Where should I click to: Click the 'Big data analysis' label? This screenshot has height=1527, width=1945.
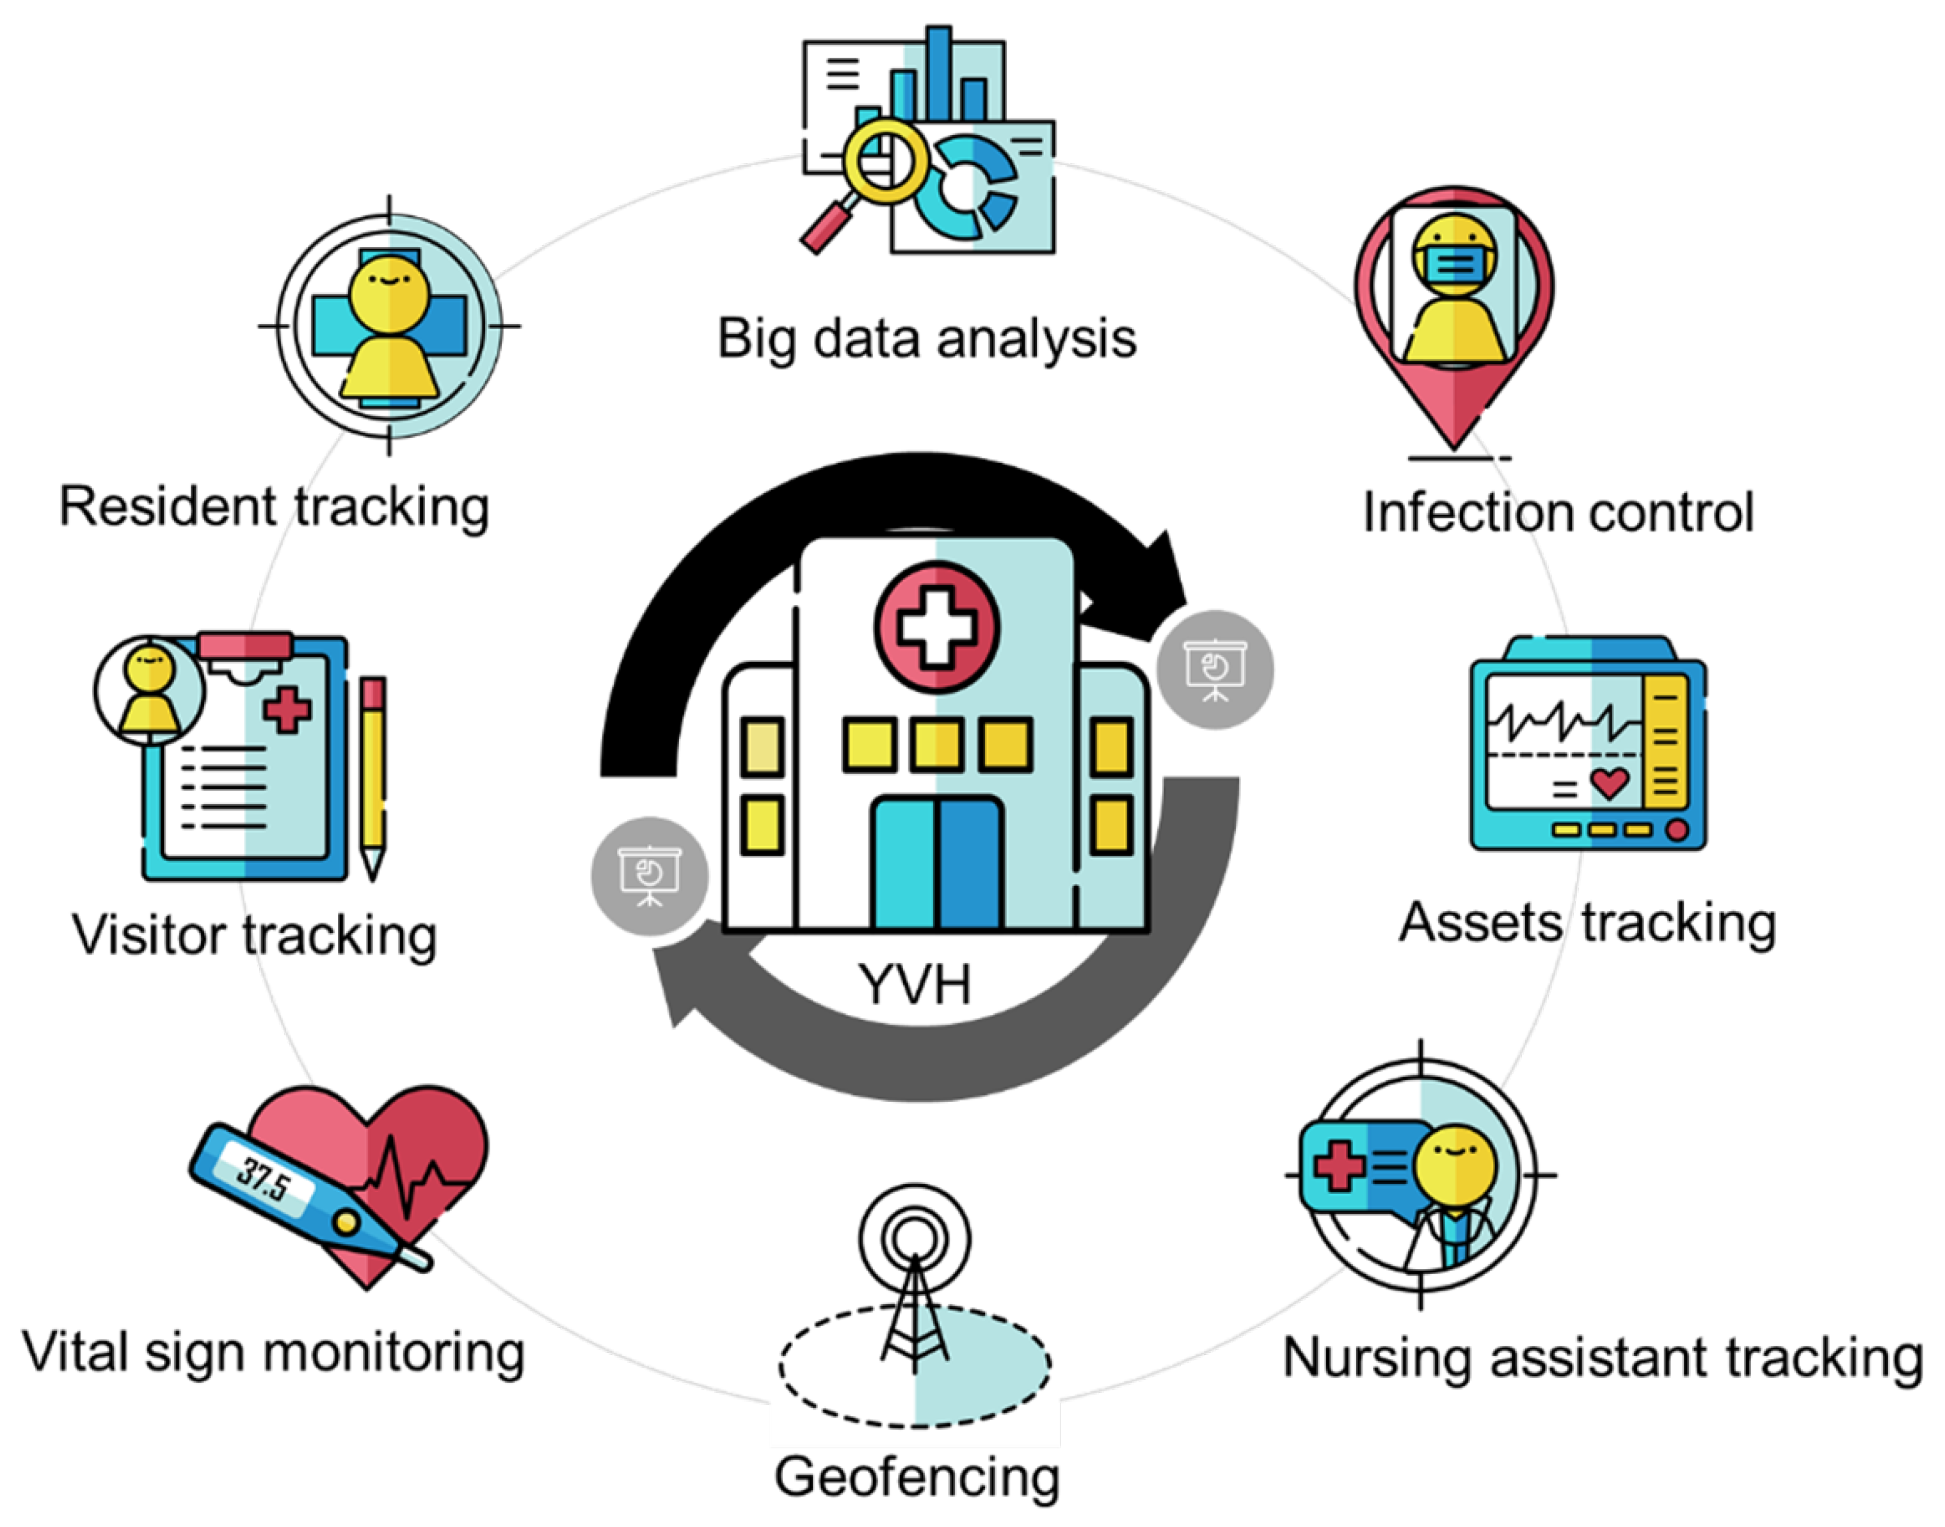(x=927, y=340)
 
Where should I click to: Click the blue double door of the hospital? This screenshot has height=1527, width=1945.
(x=936, y=862)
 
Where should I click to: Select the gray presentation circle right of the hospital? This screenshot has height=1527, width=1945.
(x=1215, y=670)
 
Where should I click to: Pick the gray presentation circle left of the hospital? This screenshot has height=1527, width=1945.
(x=650, y=875)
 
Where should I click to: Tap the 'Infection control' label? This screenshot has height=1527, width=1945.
(x=1558, y=512)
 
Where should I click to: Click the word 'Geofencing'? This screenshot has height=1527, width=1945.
(x=917, y=1476)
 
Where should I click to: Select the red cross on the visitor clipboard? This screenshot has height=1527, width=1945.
(x=287, y=711)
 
